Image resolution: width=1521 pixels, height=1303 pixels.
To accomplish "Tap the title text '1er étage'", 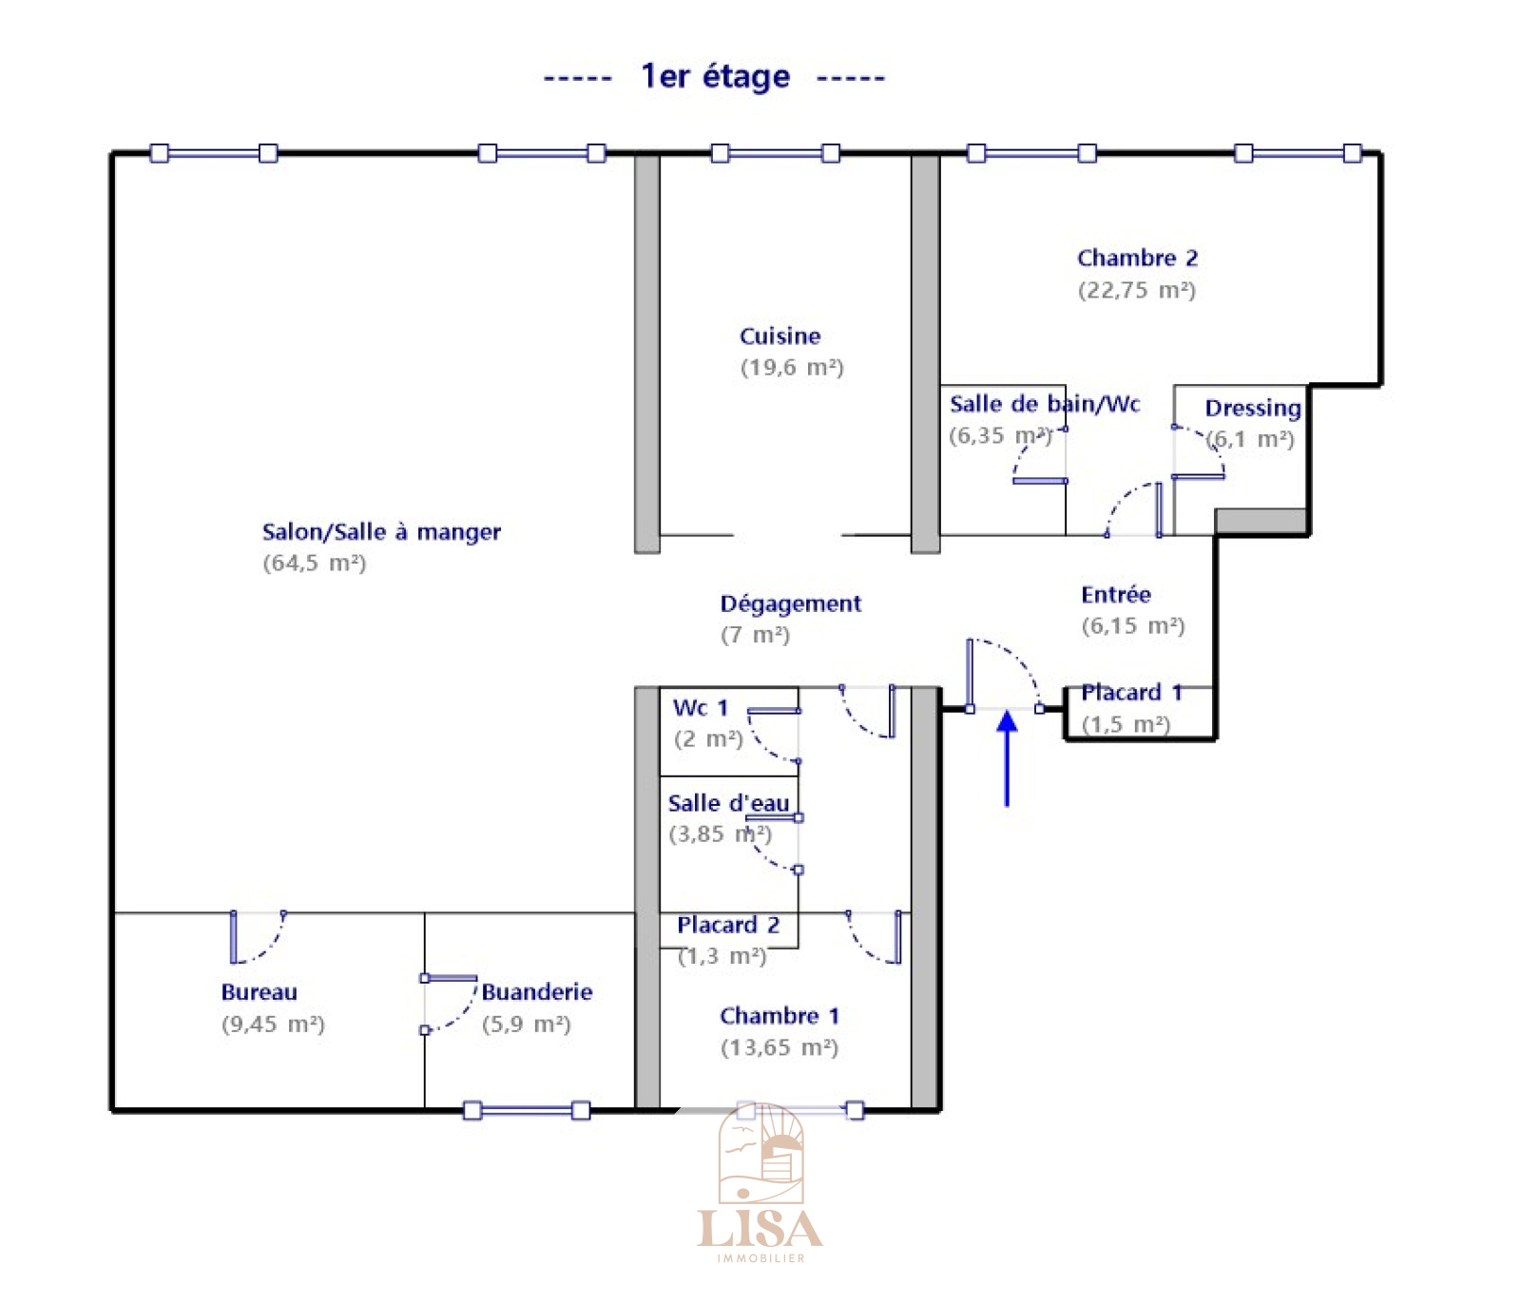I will (715, 76).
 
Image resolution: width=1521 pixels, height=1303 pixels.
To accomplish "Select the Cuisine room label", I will (780, 336).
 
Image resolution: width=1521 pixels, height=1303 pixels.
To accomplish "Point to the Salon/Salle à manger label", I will (381, 532).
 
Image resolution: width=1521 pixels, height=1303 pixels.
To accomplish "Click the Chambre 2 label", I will (1137, 259).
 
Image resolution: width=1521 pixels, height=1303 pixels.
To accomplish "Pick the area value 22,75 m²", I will (1136, 290).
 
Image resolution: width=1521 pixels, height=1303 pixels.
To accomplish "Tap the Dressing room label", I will (1252, 409).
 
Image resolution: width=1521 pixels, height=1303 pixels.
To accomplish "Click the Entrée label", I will (1115, 595).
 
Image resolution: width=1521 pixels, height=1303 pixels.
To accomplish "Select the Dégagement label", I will (790, 604).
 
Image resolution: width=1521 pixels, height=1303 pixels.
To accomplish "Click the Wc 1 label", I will (700, 708).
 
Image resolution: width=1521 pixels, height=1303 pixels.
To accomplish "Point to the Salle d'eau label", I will (728, 804).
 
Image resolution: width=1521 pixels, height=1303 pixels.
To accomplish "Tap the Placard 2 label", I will (727, 926).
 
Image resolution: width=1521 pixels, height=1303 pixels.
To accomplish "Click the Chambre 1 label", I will (779, 1016).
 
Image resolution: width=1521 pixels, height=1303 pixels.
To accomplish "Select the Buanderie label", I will (537, 992).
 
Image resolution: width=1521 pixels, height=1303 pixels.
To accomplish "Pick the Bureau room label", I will (259, 992).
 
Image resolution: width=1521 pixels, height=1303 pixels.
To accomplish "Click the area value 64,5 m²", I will (314, 564).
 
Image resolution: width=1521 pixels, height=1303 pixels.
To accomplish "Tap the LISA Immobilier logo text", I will (760, 1230).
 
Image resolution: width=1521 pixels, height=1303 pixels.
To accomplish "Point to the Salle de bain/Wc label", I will (1044, 405).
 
